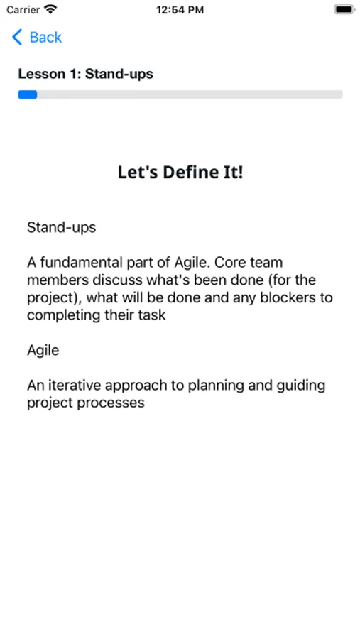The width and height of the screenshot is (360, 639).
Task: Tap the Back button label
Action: (45, 38)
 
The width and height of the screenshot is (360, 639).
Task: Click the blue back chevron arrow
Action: (17, 37)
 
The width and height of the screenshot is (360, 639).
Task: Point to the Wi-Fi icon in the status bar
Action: (50, 9)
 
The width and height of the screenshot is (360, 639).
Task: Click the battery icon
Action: (344, 9)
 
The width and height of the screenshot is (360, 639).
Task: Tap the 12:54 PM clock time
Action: (180, 10)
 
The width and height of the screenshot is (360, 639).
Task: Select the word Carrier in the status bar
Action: (23, 10)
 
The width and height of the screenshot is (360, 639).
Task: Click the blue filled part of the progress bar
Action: (27, 94)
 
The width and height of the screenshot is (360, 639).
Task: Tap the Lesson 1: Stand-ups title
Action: (86, 74)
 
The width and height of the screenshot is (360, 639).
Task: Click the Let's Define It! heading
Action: (180, 172)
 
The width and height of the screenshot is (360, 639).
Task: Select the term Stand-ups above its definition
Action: (61, 227)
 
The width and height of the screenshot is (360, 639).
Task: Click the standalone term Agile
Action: (43, 351)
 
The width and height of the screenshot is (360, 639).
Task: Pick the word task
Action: (152, 315)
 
